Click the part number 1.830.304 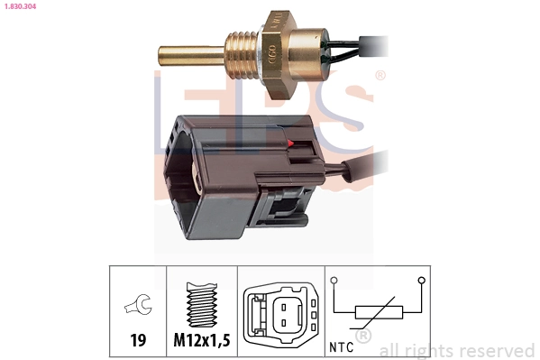[19, 5]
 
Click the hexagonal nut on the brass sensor [274, 49]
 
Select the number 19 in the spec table [138, 340]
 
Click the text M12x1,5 [202, 340]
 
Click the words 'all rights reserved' [456, 350]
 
